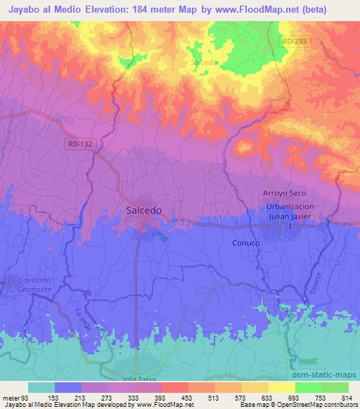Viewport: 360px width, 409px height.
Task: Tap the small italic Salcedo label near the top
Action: (205, 62)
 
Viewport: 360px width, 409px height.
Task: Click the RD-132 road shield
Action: (82, 143)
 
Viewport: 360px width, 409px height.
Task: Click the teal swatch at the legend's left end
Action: (41, 387)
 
